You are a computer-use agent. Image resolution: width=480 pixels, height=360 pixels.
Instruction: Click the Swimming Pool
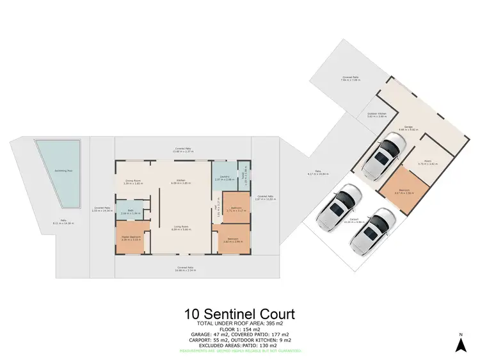click(x=56, y=172)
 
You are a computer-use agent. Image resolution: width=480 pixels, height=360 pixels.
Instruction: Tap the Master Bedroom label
click(x=132, y=239)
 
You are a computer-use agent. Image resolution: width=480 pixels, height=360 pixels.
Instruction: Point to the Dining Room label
click(x=132, y=182)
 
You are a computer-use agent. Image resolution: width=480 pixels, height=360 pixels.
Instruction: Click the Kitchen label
click(x=181, y=182)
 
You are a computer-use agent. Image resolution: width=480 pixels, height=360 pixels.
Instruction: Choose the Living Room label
click(x=181, y=228)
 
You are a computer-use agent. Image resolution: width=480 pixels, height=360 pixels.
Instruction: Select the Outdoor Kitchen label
click(x=378, y=115)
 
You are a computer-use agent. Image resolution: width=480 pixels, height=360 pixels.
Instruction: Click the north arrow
click(x=460, y=343)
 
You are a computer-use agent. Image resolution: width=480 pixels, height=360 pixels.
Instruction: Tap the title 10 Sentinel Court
click(x=239, y=314)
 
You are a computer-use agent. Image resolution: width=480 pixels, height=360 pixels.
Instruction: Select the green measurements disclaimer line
click(x=239, y=351)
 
